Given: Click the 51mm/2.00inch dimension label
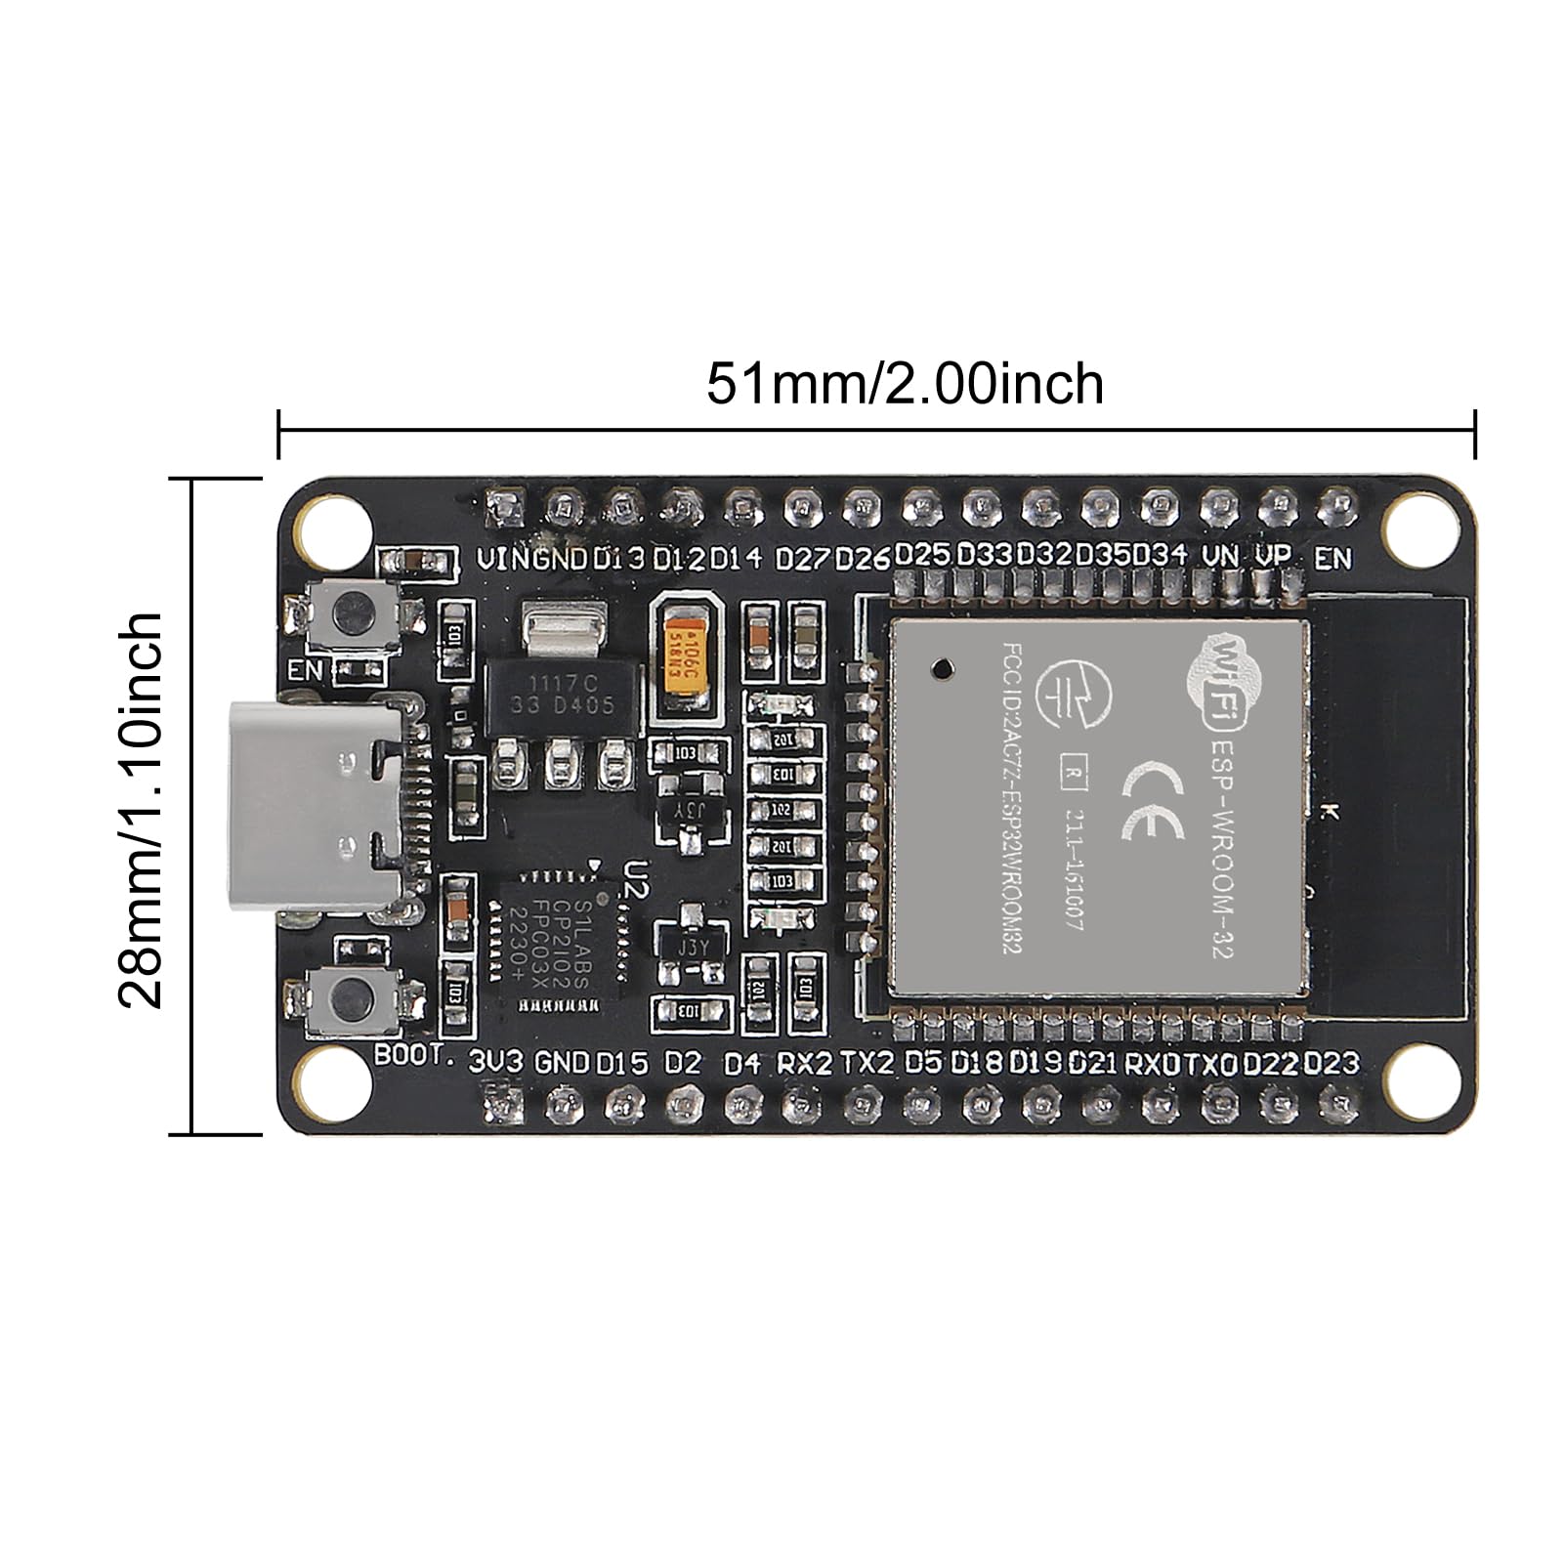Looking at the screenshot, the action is (905, 383).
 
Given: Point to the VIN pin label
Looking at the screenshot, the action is (507, 559).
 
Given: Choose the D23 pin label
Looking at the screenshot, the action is (1332, 1062).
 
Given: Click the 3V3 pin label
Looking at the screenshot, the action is (496, 1062).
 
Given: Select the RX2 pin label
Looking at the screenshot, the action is (805, 1062).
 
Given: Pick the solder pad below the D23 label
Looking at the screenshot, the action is (1335, 1103).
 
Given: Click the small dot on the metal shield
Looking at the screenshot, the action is (941, 669).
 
